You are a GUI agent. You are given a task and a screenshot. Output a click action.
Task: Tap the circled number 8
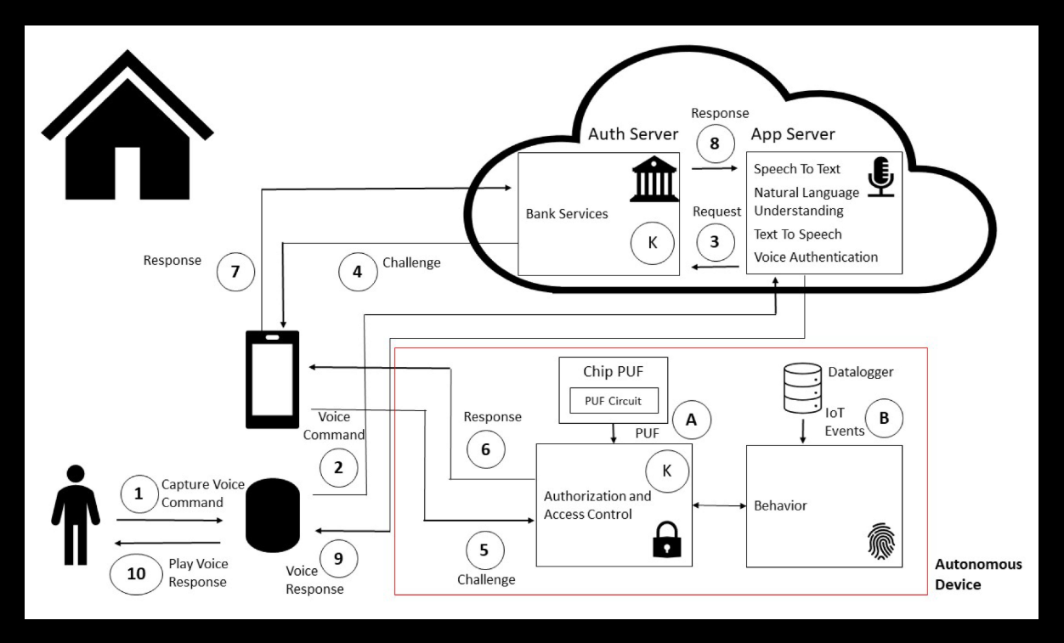(715, 144)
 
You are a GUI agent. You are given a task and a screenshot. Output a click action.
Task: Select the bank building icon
(654, 178)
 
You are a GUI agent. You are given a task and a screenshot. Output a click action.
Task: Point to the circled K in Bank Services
(653, 243)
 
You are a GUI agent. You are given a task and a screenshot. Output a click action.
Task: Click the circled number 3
(715, 241)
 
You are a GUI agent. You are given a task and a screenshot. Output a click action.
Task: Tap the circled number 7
(235, 271)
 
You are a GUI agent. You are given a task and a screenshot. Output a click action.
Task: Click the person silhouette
(76, 515)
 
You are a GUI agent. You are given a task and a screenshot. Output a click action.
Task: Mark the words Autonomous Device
(978, 574)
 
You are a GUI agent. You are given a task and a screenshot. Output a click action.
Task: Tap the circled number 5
(484, 550)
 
